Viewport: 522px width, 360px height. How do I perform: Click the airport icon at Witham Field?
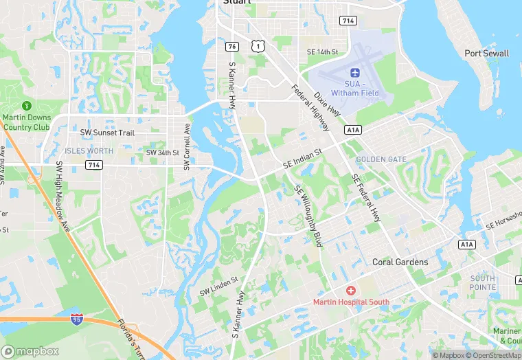355,73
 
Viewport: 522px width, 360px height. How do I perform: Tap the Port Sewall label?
486,54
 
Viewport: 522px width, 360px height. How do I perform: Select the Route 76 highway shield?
232,46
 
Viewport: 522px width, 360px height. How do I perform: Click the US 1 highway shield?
257,46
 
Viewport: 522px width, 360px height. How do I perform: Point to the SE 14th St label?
323,52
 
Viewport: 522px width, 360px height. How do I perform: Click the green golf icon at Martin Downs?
27,106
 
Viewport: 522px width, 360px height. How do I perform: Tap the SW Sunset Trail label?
107,133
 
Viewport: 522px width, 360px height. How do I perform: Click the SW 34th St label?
162,153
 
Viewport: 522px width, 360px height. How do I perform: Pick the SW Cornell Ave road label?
186,147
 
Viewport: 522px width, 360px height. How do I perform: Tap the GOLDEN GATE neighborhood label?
381,159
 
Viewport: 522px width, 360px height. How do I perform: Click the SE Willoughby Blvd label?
308,207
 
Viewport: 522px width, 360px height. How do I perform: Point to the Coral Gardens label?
400,262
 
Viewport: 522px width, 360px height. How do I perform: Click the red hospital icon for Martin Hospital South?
351,291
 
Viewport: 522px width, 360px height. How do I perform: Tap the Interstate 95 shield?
77,319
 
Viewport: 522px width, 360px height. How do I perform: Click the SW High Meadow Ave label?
63,196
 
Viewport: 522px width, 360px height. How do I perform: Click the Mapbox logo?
30,351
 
